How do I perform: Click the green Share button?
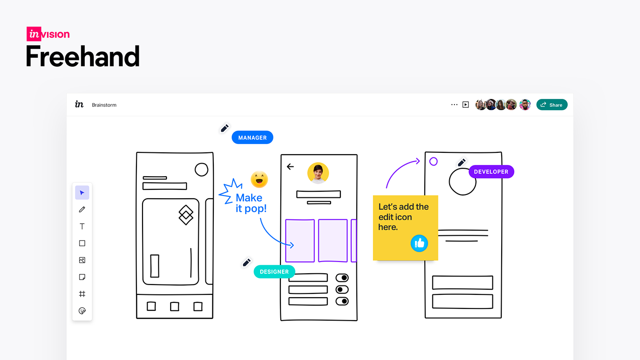pos(552,105)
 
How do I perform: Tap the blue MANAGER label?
pos(252,137)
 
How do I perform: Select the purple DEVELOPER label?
pos(491,172)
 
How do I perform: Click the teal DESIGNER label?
pos(274,271)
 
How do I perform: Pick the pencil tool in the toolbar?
pos(82,210)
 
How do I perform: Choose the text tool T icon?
pos(82,226)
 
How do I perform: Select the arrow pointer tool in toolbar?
pos(82,193)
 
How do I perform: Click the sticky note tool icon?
pos(82,277)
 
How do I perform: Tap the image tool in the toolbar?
pos(82,260)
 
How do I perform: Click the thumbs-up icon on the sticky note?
pos(419,243)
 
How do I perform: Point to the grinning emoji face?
pos(259,180)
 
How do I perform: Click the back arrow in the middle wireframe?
pos(290,166)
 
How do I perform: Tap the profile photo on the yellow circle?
pos(318,173)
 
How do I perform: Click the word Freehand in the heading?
pos(83,57)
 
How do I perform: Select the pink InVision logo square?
pos(34,34)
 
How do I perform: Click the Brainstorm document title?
pos(104,105)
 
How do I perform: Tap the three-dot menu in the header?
pos(454,105)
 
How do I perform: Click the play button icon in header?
pos(466,105)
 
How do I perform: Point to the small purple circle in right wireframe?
pos(433,162)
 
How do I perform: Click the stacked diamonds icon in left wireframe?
pos(186,215)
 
